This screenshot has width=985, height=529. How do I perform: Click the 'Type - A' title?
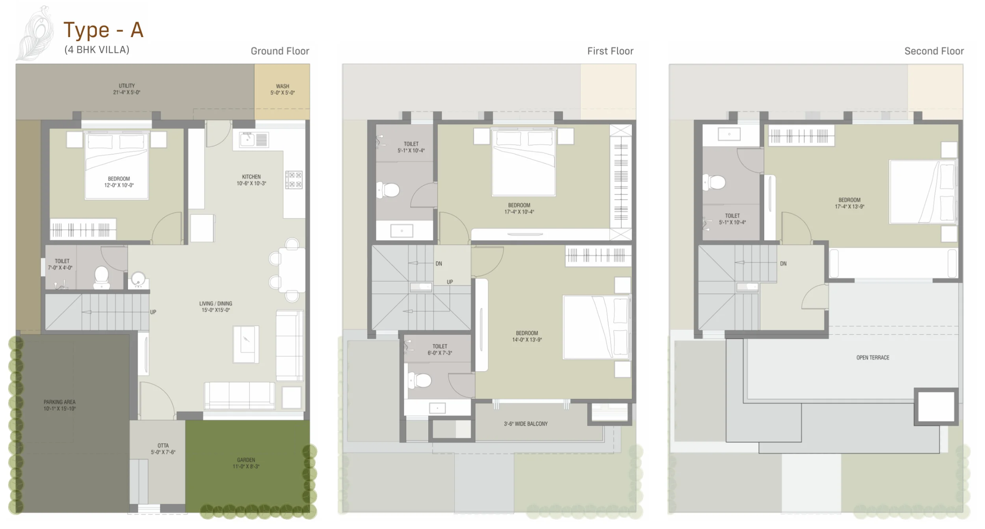click(x=104, y=30)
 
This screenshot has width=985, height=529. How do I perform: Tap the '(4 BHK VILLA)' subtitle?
click(x=97, y=50)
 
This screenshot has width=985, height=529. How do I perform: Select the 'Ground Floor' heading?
click(x=280, y=51)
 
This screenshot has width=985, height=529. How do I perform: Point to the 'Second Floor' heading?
click(x=934, y=51)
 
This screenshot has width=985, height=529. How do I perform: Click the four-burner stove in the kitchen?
click(x=294, y=179)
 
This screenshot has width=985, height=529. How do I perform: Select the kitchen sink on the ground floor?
click(x=247, y=139)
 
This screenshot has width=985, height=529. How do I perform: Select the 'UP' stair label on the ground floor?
click(x=153, y=312)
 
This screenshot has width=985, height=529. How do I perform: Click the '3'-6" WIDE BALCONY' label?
click(x=526, y=424)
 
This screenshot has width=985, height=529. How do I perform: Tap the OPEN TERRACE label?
click(x=873, y=357)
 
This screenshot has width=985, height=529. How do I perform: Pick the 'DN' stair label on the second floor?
click(x=783, y=264)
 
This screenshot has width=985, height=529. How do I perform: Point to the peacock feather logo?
click(x=35, y=34)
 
